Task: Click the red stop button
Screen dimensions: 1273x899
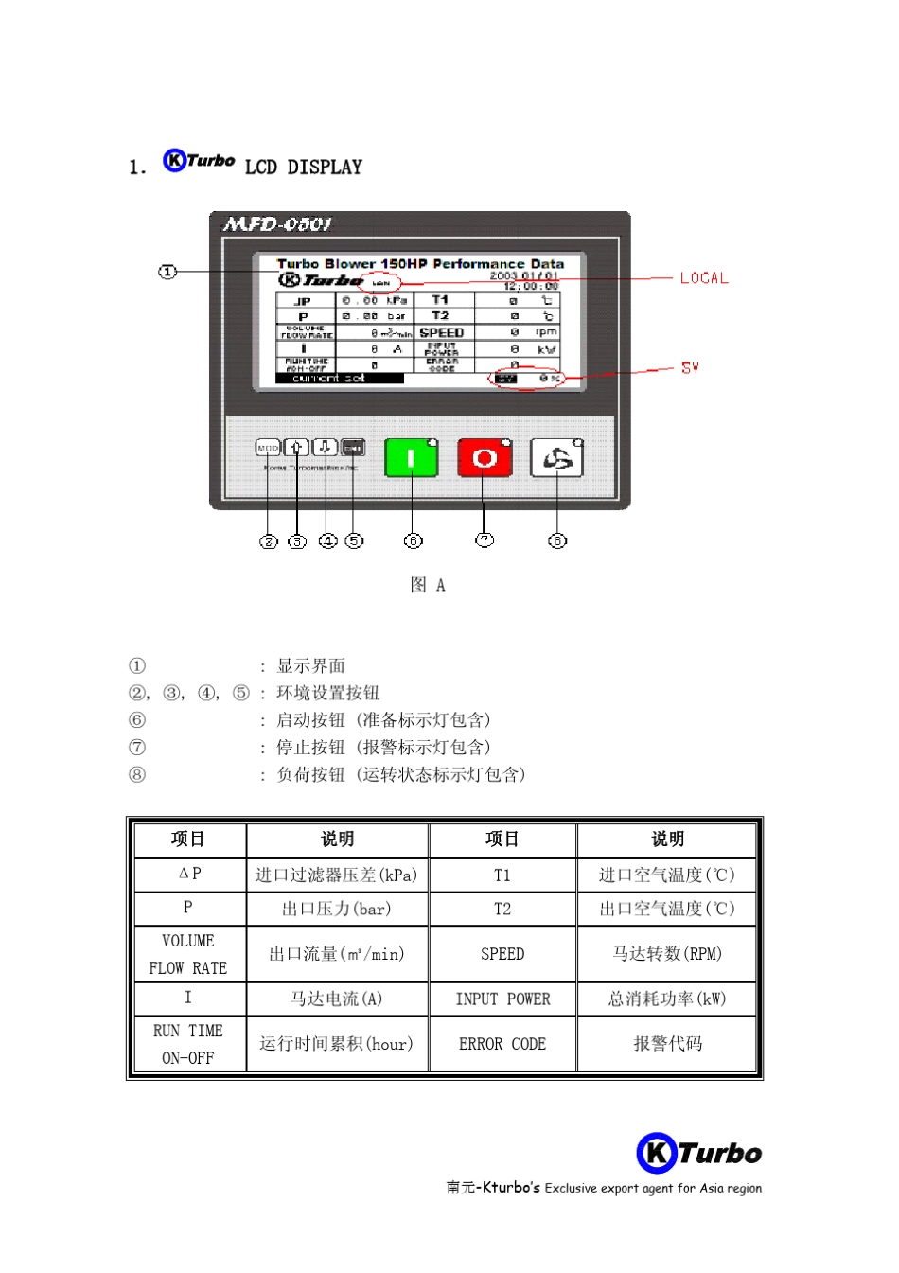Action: (485, 458)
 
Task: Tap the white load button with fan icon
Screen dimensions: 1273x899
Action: (556, 458)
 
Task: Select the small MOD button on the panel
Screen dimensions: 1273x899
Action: (268, 448)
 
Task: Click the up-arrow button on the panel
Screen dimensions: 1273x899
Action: (296, 448)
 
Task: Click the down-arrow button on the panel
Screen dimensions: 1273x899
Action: (325, 447)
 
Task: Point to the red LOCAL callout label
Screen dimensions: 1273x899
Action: (704, 278)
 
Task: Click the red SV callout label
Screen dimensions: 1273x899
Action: (690, 368)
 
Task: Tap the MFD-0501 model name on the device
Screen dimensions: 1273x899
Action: (277, 224)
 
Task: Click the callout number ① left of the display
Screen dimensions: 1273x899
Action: (167, 272)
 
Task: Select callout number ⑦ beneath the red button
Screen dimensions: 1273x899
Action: (485, 539)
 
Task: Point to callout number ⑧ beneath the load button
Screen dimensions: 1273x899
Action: (557, 540)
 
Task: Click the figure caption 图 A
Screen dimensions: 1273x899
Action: (428, 585)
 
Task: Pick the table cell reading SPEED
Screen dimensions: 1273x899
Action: (502, 954)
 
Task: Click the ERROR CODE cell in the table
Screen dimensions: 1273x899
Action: (502, 1044)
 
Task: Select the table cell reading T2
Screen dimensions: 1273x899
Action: (502, 909)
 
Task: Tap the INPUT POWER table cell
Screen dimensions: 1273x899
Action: (502, 999)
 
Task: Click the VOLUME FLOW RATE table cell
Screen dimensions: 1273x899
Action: (188, 954)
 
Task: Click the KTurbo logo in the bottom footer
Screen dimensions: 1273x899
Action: (699, 1153)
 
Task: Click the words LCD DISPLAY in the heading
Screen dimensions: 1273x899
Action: (304, 168)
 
